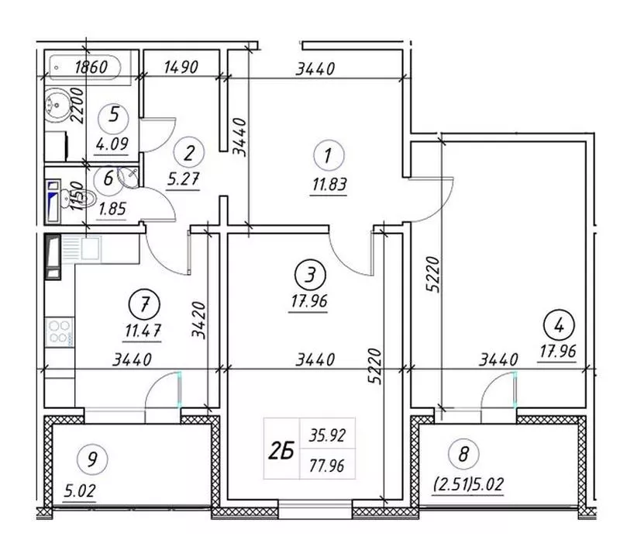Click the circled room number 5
pyautogui.click(x=114, y=116)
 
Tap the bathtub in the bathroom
pyautogui.click(x=85, y=67)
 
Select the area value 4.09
pyautogui.click(x=112, y=144)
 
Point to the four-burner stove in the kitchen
pyautogui.click(x=60, y=332)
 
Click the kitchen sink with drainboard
pyautogui.click(x=81, y=248)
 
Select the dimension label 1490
pyautogui.click(x=181, y=67)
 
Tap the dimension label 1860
pyautogui.click(x=91, y=67)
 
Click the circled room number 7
pyautogui.click(x=144, y=306)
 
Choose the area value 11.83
pyautogui.click(x=329, y=185)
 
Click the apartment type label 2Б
pyautogui.click(x=281, y=451)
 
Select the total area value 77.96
pyautogui.click(x=326, y=466)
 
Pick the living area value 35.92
pyautogui.click(x=327, y=435)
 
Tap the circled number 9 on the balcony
pyautogui.click(x=91, y=459)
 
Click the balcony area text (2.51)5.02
pyautogui.click(x=469, y=484)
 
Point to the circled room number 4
pyautogui.click(x=559, y=326)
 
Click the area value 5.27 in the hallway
pyautogui.click(x=183, y=179)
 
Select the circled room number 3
pyautogui.click(x=311, y=275)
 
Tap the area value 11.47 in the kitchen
pyautogui.click(x=143, y=331)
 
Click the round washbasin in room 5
pyautogui.click(x=57, y=105)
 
